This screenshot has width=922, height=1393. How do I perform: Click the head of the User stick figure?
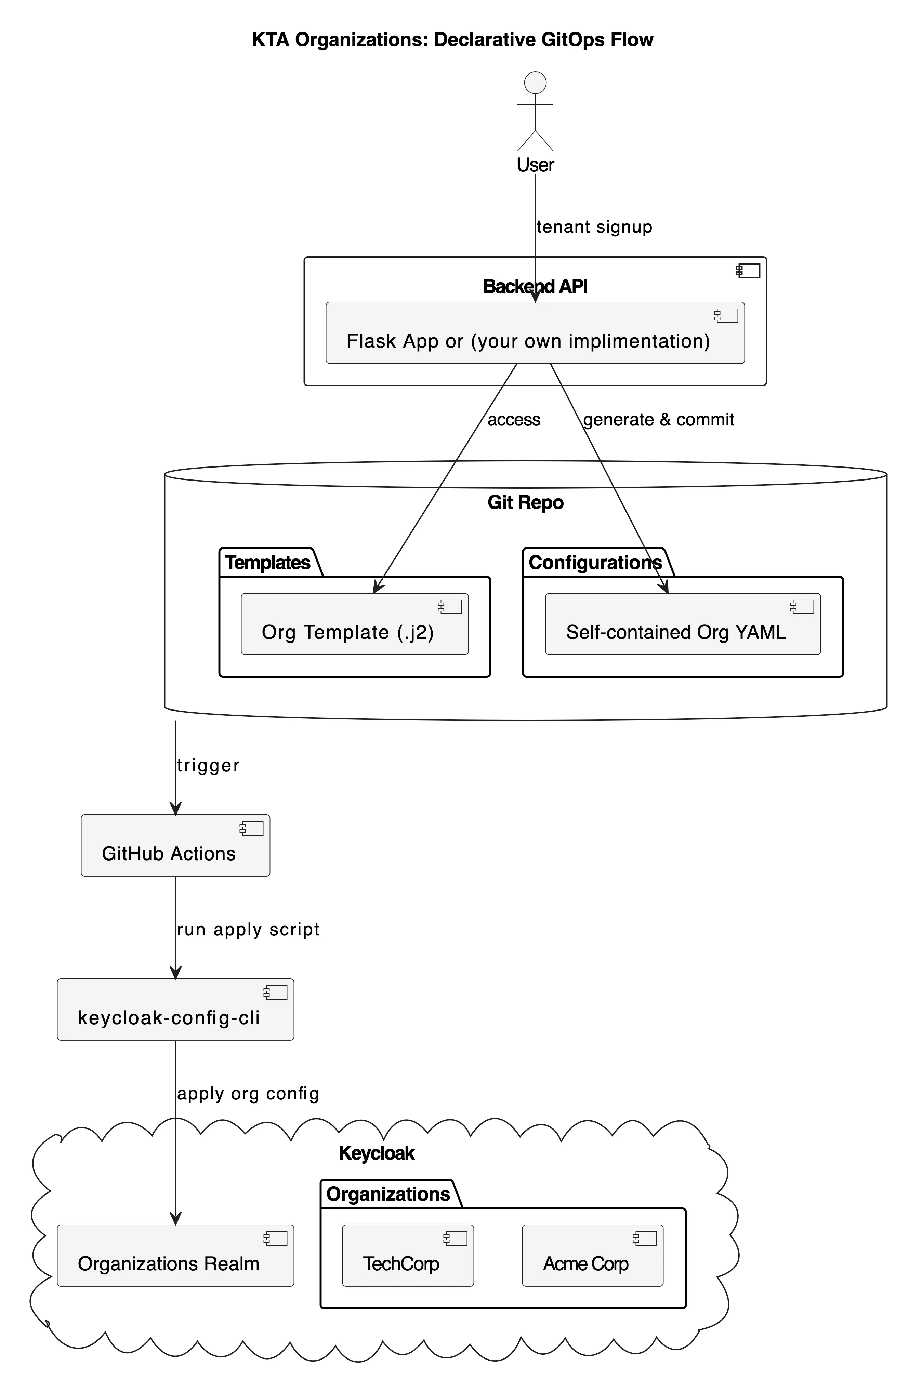pos(535,83)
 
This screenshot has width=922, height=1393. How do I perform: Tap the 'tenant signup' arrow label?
pos(594,227)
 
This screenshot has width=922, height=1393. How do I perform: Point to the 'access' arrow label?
pos(513,419)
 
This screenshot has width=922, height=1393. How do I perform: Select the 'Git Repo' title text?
pos(525,502)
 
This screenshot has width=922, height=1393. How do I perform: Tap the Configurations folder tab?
pos(595,562)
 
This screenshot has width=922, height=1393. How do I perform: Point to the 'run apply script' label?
pos(248,930)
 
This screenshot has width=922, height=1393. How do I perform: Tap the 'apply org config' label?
pos(248,1093)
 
